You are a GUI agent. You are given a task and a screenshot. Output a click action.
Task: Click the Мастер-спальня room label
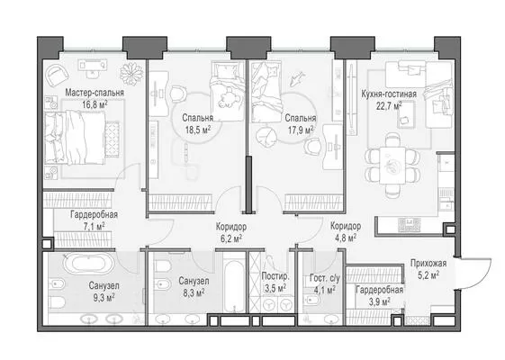pyautogui.click(x=95, y=93)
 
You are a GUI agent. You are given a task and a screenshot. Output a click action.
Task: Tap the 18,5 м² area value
pyautogui.click(x=198, y=130)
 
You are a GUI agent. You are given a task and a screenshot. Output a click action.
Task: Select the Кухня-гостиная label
pyautogui.click(x=389, y=94)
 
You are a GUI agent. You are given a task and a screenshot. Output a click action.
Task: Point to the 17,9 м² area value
pyautogui.click(x=301, y=130)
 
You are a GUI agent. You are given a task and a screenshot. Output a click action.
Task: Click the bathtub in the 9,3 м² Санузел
pyautogui.click(x=88, y=263)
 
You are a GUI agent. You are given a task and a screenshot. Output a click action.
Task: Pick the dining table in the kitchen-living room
pyautogui.click(x=392, y=165)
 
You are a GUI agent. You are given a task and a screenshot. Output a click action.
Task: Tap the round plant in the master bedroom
pyautogui.click(x=131, y=74)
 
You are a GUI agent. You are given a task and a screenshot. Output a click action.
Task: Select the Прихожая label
pyautogui.click(x=428, y=264)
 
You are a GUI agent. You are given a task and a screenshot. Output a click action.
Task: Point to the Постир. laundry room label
pyautogui.click(x=275, y=276)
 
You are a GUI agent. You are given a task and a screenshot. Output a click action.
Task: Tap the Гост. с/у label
pyautogui.click(x=325, y=277)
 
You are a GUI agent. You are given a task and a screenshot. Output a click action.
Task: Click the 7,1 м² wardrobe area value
pyautogui.click(x=94, y=227)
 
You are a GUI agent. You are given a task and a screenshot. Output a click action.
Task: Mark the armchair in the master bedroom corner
pyautogui.click(x=58, y=75)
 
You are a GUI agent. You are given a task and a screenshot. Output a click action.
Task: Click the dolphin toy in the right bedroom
pyautogui.click(x=297, y=78)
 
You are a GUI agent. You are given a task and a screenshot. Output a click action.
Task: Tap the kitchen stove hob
pyautogui.click(x=410, y=224)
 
